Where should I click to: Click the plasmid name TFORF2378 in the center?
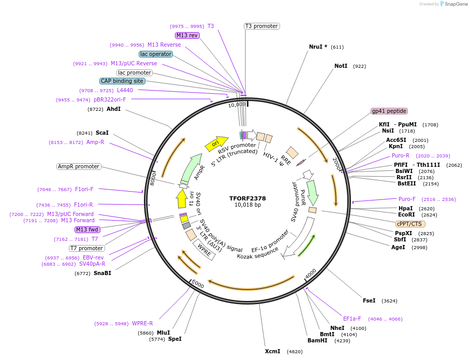(x=247, y=198)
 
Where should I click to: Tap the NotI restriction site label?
(x=341, y=66)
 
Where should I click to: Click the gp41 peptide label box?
(x=389, y=111)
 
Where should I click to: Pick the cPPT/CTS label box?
(x=410, y=224)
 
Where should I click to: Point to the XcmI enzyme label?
(x=272, y=351)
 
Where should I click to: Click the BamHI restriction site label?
(x=317, y=341)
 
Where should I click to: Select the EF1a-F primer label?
(x=352, y=319)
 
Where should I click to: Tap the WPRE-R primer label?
(x=142, y=324)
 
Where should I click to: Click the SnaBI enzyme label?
(x=102, y=273)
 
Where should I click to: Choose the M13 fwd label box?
(x=87, y=229)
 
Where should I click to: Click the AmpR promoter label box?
(x=79, y=166)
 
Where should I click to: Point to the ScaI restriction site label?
(x=102, y=133)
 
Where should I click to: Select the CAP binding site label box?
(x=122, y=81)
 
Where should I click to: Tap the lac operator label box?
(x=155, y=54)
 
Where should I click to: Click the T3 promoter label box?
(x=261, y=26)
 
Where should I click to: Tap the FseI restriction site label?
(x=369, y=300)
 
